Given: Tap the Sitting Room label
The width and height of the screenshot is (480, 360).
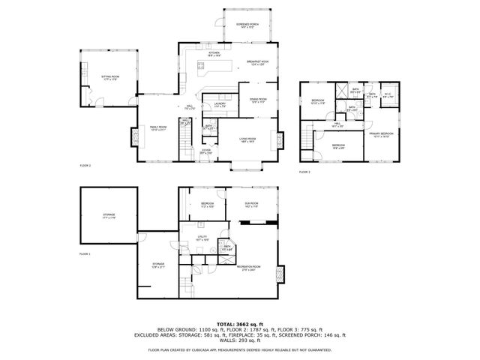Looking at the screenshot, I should pyautogui.click(x=110, y=78).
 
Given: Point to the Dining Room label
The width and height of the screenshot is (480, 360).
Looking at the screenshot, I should pyautogui.click(x=257, y=100).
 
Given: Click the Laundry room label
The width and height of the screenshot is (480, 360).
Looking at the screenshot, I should pyautogui.click(x=220, y=105).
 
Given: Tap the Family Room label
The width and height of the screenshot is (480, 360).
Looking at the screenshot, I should pyautogui.click(x=157, y=128).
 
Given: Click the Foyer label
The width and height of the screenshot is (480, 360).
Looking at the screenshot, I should pyautogui.click(x=206, y=151).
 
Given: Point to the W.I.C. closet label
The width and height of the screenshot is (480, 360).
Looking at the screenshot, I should pyautogui.click(x=388, y=96).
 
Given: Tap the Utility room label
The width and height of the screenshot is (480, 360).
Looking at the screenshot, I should pyautogui.click(x=202, y=238).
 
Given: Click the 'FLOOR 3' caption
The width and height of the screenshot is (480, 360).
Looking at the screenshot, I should pyautogui.click(x=304, y=172).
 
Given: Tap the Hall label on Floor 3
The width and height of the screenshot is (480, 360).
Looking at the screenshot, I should pyautogui.click(x=338, y=125).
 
